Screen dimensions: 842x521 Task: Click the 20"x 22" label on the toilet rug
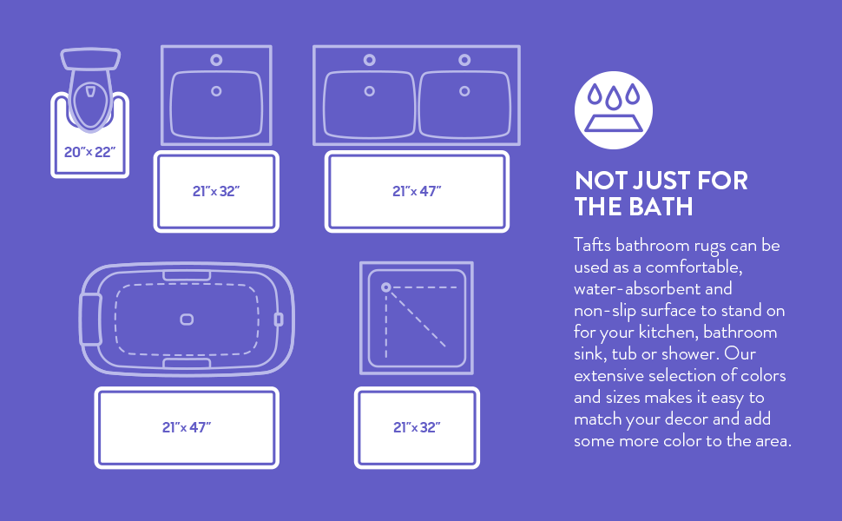89,152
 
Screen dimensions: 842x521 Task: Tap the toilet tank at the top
90,59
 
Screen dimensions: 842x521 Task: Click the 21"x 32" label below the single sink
216,191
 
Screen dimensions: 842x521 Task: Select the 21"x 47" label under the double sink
417,191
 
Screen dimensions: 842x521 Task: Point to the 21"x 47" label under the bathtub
187,427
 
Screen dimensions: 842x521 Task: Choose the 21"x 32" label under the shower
417,427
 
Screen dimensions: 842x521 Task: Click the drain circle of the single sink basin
216,91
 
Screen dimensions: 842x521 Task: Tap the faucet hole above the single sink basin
216,60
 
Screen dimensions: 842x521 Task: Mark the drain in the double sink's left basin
370,91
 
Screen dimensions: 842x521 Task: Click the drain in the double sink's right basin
464,91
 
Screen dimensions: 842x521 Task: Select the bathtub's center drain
187,320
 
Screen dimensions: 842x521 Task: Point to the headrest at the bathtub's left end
90,320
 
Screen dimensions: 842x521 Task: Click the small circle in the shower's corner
386,287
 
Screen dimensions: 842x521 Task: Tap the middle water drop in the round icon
613,99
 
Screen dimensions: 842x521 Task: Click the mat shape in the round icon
613,123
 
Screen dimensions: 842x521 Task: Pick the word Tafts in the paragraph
592,245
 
